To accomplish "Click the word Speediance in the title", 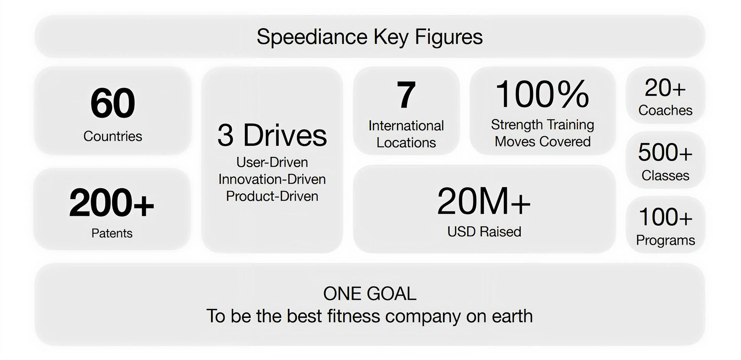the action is coord(312,37).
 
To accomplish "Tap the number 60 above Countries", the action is coord(113,103).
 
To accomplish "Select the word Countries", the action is coord(113,136).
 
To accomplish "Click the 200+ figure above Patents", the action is coord(112,203).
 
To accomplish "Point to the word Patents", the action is coord(112,233).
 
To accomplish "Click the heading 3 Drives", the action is coord(272,135).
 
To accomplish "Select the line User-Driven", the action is coord(272,162).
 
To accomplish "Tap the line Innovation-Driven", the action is coord(272,179).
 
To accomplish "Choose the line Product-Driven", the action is coord(272,196).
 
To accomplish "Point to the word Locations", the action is coord(406,143).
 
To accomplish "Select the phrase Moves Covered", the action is coord(543,142).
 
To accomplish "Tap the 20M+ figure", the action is coord(484,201).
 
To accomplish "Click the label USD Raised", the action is coord(484,232).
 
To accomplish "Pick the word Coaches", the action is coord(665,110).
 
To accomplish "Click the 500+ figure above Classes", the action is coord(665,152).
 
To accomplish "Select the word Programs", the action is coord(665,240).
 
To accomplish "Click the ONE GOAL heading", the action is coord(370,294).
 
